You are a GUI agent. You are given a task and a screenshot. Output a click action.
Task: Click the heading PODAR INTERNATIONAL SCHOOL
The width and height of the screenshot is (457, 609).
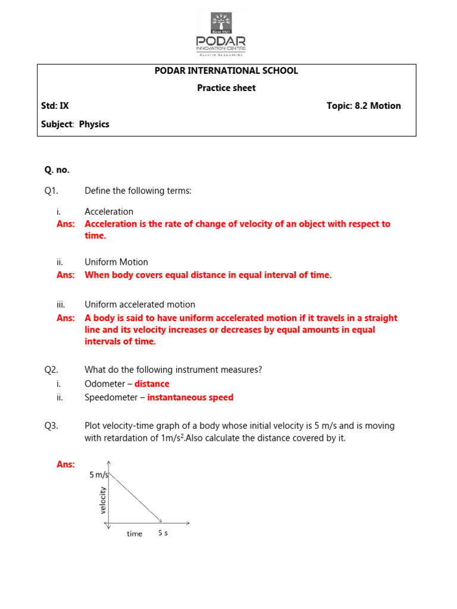(x=226, y=71)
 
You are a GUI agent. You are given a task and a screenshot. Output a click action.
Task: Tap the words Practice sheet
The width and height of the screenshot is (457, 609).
(x=226, y=88)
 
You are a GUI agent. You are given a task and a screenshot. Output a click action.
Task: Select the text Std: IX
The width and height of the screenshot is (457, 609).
(x=55, y=106)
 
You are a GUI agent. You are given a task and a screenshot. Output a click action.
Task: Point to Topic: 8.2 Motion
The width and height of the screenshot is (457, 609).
(x=364, y=106)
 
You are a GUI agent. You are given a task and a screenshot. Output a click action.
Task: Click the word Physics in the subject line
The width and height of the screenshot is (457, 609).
(x=94, y=124)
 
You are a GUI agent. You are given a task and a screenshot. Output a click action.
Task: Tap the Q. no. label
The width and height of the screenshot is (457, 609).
(x=57, y=170)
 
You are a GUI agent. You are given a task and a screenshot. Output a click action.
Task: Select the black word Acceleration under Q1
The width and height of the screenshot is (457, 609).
(x=109, y=212)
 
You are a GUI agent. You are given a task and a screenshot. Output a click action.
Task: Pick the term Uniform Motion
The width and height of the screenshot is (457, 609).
(x=116, y=262)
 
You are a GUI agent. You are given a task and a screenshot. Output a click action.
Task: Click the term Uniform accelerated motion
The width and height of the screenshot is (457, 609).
(x=140, y=305)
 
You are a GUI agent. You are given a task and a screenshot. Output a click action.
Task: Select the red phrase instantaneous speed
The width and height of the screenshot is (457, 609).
(x=190, y=398)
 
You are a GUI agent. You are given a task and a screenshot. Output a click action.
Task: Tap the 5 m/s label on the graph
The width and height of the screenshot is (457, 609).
(x=99, y=475)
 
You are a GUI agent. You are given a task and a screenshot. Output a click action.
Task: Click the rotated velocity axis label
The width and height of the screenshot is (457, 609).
(x=103, y=500)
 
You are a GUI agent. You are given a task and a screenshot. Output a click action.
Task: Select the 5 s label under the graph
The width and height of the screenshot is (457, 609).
(x=163, y=533)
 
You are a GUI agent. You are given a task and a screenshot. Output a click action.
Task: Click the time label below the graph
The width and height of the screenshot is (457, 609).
(x=134, y=534)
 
